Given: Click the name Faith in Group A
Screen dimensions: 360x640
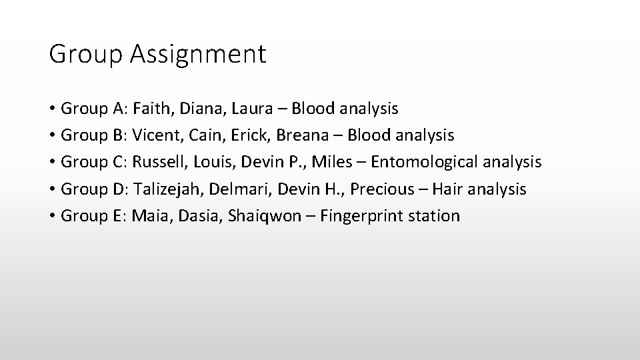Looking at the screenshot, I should (149, 108).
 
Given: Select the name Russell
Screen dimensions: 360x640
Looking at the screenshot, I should (157, 162).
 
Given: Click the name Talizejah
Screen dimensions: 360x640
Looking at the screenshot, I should (167, 189).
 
